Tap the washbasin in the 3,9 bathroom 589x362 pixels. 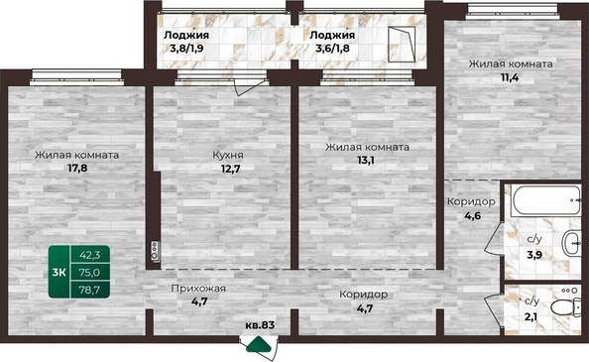(x=571, y=243)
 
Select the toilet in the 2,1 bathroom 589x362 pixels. (x=566, y=307)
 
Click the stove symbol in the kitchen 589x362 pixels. (x=155, y=251)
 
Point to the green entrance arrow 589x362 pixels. (x=259, y=345)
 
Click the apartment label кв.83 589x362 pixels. (x=260, y=325)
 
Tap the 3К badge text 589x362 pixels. (x=59, y=273)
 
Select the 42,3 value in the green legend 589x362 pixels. (x=90, y=255)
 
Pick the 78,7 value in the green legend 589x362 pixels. (x=90, y=290)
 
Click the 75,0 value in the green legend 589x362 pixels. (x=90, y=273)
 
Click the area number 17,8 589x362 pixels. (x=77, y=168)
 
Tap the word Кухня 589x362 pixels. (x=228, y=155)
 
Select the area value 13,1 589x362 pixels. (x=366, y=161)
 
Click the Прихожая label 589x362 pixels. (x=198, y=289)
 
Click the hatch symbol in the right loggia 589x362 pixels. (x=402, y=44)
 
